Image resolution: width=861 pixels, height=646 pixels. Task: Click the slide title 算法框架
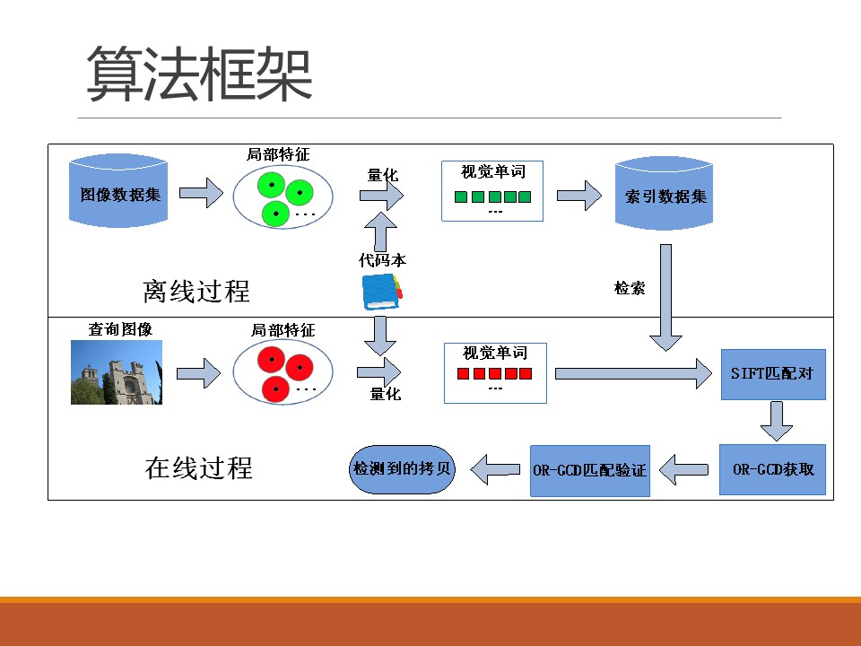(199, 75)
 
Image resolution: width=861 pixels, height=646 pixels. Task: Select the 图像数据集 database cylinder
(119, 192)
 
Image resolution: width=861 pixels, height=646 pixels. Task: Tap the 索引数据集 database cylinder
(665, 195)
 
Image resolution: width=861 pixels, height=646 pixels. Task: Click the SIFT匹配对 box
(772, 372)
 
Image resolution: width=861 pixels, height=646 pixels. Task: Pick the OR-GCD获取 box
(772, 468)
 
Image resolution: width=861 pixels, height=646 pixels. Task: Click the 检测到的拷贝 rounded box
(401, 468)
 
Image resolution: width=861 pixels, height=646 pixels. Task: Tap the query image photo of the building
(117, 372)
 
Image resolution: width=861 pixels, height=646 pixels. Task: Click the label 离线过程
(196, 292)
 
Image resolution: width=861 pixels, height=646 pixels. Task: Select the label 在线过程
(199, 468)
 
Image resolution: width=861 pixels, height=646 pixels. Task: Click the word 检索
(630, 289)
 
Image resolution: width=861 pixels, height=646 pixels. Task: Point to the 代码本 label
(383, 261)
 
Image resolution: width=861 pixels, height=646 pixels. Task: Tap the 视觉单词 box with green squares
(493, 191)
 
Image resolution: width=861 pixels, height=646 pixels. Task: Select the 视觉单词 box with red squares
(494, 372)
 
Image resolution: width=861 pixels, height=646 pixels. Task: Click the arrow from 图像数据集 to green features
(199, 192)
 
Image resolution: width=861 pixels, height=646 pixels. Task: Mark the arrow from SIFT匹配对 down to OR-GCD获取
(776, 420)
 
